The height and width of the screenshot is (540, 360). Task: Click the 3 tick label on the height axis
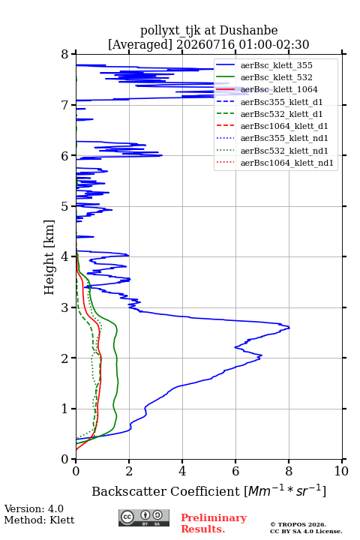[65, 307]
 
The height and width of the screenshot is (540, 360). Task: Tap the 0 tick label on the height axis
[65, 460]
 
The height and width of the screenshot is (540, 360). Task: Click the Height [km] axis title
[49, 257]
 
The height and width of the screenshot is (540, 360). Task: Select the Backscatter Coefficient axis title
[208, 491]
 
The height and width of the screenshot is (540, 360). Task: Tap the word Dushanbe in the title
[248, 31]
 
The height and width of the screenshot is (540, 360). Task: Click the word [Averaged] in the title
[139, 45]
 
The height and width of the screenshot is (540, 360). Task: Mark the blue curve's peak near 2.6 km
[289, 328]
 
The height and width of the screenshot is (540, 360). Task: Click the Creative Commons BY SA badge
[144, 517]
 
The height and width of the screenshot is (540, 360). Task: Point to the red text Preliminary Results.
[214, 523]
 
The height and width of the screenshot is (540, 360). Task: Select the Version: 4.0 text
[34, 508]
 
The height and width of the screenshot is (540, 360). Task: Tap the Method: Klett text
[39, 520]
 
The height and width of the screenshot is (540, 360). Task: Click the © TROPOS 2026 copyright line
[298, 524]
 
